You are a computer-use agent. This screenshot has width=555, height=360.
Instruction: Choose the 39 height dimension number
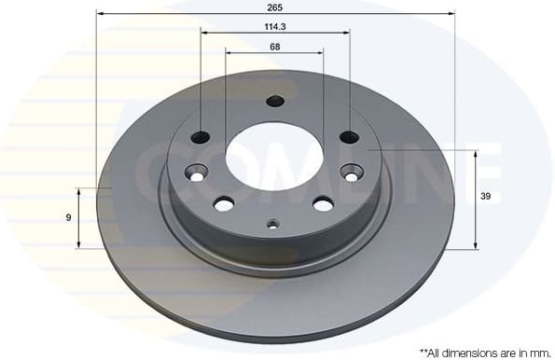484,198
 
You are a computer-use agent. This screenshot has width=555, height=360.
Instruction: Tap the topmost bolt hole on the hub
274,101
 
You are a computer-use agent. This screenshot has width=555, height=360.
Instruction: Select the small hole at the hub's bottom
272,223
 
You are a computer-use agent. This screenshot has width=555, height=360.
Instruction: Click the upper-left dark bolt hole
201,137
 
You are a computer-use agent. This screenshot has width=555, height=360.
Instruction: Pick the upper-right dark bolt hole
349,137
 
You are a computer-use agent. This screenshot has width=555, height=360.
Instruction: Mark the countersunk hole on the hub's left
196,173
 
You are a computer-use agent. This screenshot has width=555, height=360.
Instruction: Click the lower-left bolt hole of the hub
224,203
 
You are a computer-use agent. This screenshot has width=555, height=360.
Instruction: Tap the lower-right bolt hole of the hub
323,203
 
